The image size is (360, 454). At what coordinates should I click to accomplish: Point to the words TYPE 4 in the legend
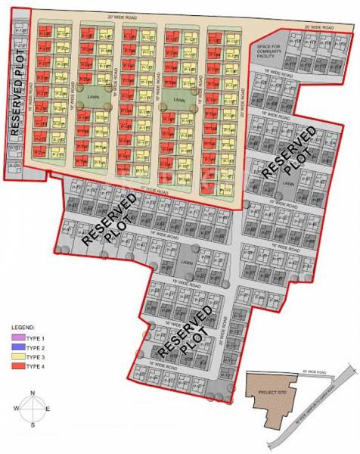37,367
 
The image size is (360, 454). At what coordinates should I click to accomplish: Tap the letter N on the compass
33,392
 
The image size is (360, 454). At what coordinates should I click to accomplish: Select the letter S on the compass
33,426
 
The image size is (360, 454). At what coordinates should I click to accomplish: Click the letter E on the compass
49,409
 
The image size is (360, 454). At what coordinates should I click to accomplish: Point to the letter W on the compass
16,409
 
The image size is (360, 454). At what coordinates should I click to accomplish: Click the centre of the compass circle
33,409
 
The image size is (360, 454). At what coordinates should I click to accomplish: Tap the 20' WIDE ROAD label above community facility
318,27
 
